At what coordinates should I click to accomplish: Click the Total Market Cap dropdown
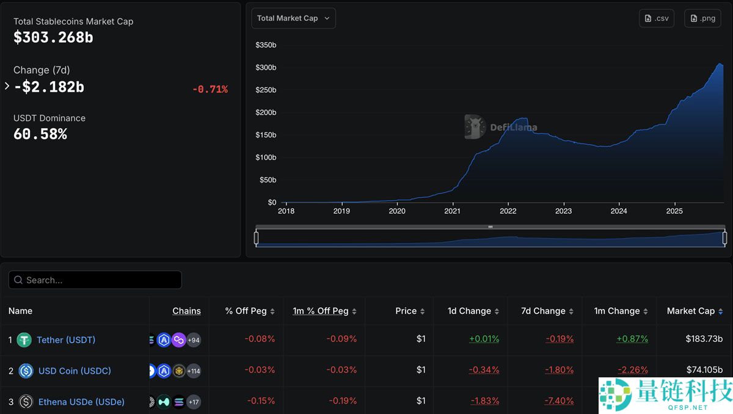click(293, 18)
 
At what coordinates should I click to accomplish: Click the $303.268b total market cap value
click(53, 37)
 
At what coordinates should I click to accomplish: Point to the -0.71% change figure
click(210, 89)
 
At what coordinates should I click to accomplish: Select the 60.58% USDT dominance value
click(40, 134)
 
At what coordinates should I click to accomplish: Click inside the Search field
click(95, 280)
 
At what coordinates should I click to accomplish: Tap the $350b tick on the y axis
click(266, 45)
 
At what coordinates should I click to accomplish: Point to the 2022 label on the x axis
click(508, 211)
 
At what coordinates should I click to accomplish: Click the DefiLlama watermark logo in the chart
click(474, 127)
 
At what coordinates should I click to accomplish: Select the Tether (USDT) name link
click(66, 340)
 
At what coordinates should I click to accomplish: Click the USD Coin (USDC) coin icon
click(26, 371)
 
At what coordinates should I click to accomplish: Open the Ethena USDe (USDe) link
click(81, 402)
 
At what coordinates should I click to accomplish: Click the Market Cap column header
click(690, 311)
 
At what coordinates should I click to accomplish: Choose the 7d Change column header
click(542, 311)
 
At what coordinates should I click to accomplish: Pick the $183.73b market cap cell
click(704, 339)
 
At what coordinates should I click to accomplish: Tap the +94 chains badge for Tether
click(194, 340)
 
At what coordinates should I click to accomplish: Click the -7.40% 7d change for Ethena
click(559, 401)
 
